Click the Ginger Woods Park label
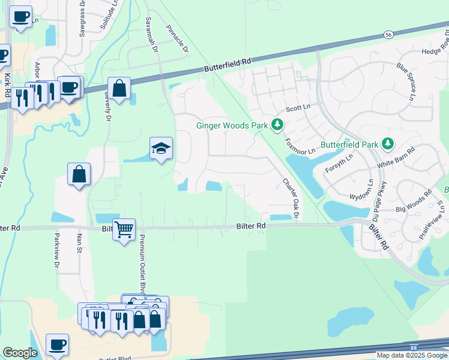coord(231,125)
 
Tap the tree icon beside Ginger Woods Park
coord(277,125)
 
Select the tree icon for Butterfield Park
coord(388,144)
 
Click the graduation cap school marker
coord(161,148)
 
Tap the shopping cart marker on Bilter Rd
coord(124,229)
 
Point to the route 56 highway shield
coord(389,35)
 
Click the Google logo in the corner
coord(20,353)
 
